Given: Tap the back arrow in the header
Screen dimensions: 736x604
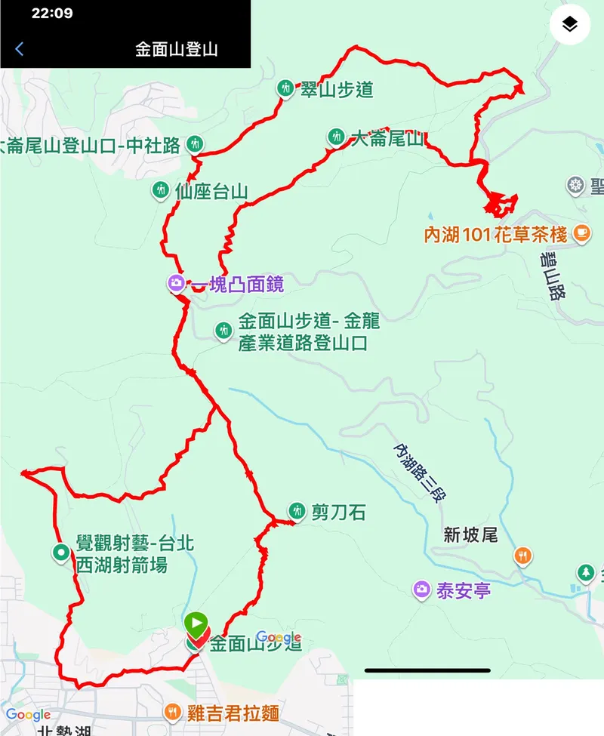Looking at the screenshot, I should [20, 50].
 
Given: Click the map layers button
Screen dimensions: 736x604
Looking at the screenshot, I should [569, 25].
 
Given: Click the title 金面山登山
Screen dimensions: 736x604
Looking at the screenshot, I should [177, 50].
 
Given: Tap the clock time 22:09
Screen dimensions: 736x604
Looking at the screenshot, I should [52, 14].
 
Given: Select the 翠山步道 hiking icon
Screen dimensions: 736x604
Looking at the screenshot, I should [285, 89].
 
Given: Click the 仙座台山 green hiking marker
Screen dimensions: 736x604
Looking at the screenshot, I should [160, 190].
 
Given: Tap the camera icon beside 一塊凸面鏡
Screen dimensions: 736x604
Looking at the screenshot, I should [176, 284].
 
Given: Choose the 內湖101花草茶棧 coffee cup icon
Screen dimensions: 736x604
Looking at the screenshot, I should [581, 234].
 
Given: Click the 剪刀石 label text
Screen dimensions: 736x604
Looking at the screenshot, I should [338, 513].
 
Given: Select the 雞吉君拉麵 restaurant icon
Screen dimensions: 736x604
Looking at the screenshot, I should [173, 712].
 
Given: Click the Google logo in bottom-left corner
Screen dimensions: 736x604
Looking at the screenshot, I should [28, 715].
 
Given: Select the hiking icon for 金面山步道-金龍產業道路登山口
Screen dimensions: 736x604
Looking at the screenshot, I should [223, 330].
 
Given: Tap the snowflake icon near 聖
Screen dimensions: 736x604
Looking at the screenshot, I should [576, 186].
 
